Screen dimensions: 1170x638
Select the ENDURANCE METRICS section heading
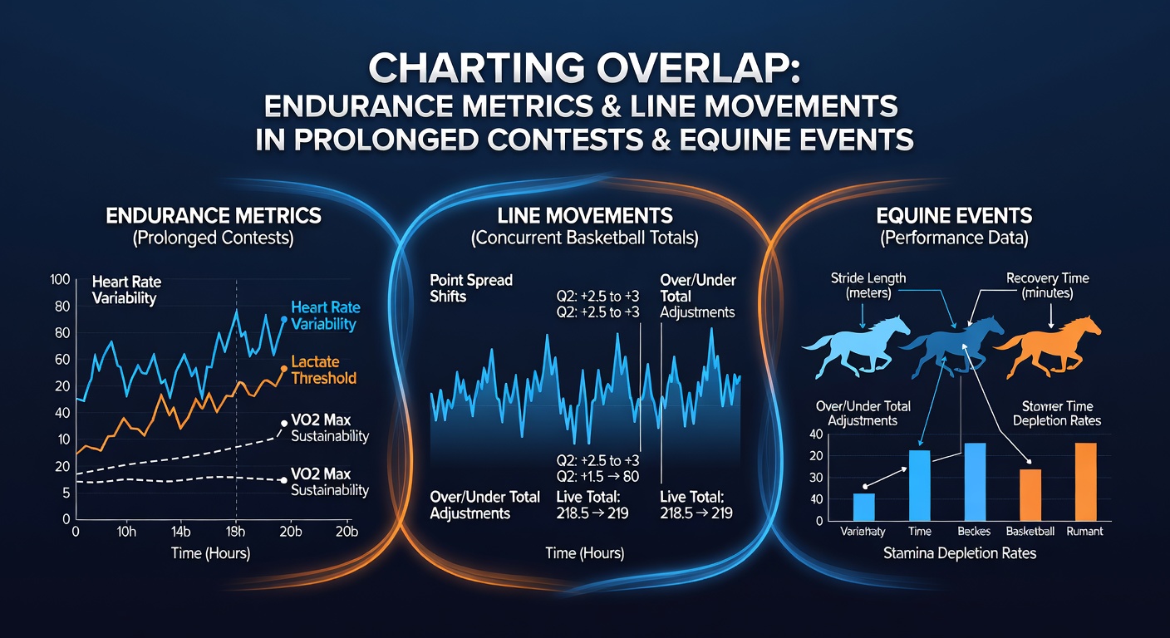point(213,216)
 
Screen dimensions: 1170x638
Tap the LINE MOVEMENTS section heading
point(584,216)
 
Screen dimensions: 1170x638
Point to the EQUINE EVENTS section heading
point(954,216)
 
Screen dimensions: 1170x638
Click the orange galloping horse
point(1047,346)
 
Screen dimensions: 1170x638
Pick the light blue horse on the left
point(857,346)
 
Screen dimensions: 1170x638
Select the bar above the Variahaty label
point(864,507)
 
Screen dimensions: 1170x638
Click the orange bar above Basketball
point(1030,495)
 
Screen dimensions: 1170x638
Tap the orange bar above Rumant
point(1085,482)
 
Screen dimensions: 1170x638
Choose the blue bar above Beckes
point(975,482)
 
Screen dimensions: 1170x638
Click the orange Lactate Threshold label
point(323,370)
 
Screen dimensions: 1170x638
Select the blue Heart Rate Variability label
point(325,316)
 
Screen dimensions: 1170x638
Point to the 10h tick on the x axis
point(125,532)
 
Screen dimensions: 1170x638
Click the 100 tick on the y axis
point(60,279)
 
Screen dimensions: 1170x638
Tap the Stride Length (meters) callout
point(868,286)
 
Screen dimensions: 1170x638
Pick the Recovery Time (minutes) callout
point(1047,286)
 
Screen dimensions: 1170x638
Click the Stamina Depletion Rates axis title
point(960,553)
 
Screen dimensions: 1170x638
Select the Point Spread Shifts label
point(470,288)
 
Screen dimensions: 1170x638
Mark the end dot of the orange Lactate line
point(283,369)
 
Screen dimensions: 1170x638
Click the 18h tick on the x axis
point(235,532)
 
